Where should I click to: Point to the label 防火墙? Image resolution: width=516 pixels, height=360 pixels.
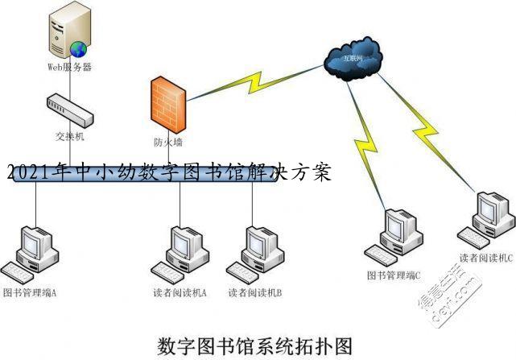pos(168,143)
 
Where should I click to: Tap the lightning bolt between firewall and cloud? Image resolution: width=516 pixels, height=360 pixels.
pos(249,81)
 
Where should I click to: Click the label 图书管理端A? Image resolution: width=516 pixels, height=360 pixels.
pos(30,291)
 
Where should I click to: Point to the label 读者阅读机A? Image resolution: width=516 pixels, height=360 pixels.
pos(180,292)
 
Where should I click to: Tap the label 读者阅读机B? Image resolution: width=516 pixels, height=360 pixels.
pos(255,292)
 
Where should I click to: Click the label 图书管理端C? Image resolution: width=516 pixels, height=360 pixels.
pos(394,275)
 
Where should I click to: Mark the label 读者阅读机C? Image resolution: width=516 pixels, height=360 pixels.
pos(486,258)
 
